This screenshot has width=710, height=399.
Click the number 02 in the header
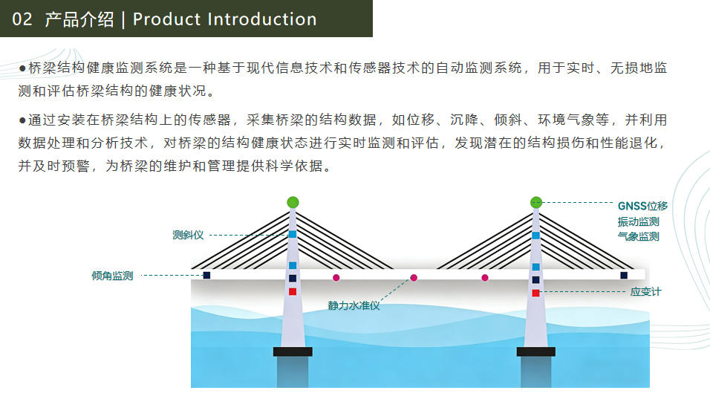point(22,19)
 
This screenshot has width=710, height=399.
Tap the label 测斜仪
point(188,235)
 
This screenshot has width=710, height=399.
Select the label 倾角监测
point(112,276)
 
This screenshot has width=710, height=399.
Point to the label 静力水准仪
point(354,305)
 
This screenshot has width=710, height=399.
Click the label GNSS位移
point(642,206)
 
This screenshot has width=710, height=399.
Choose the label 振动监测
point(638,221)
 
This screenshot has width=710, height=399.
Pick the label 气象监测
point(638,236)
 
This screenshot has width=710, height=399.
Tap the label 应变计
point(645,292)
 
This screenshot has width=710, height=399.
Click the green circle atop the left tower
point(293,202)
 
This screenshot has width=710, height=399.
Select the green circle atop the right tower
point(536,201)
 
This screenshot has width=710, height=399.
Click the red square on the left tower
point(293,291)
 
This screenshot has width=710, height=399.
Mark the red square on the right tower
point(535,293)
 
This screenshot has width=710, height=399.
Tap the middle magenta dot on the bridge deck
point(414,277)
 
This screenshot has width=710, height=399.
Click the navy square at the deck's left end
point(206,276)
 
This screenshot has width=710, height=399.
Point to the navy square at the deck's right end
point(624,276)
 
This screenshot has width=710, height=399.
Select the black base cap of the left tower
point(293,351)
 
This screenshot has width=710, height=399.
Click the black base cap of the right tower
point(535,351)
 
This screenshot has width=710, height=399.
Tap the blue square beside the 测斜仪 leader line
point(293,234)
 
